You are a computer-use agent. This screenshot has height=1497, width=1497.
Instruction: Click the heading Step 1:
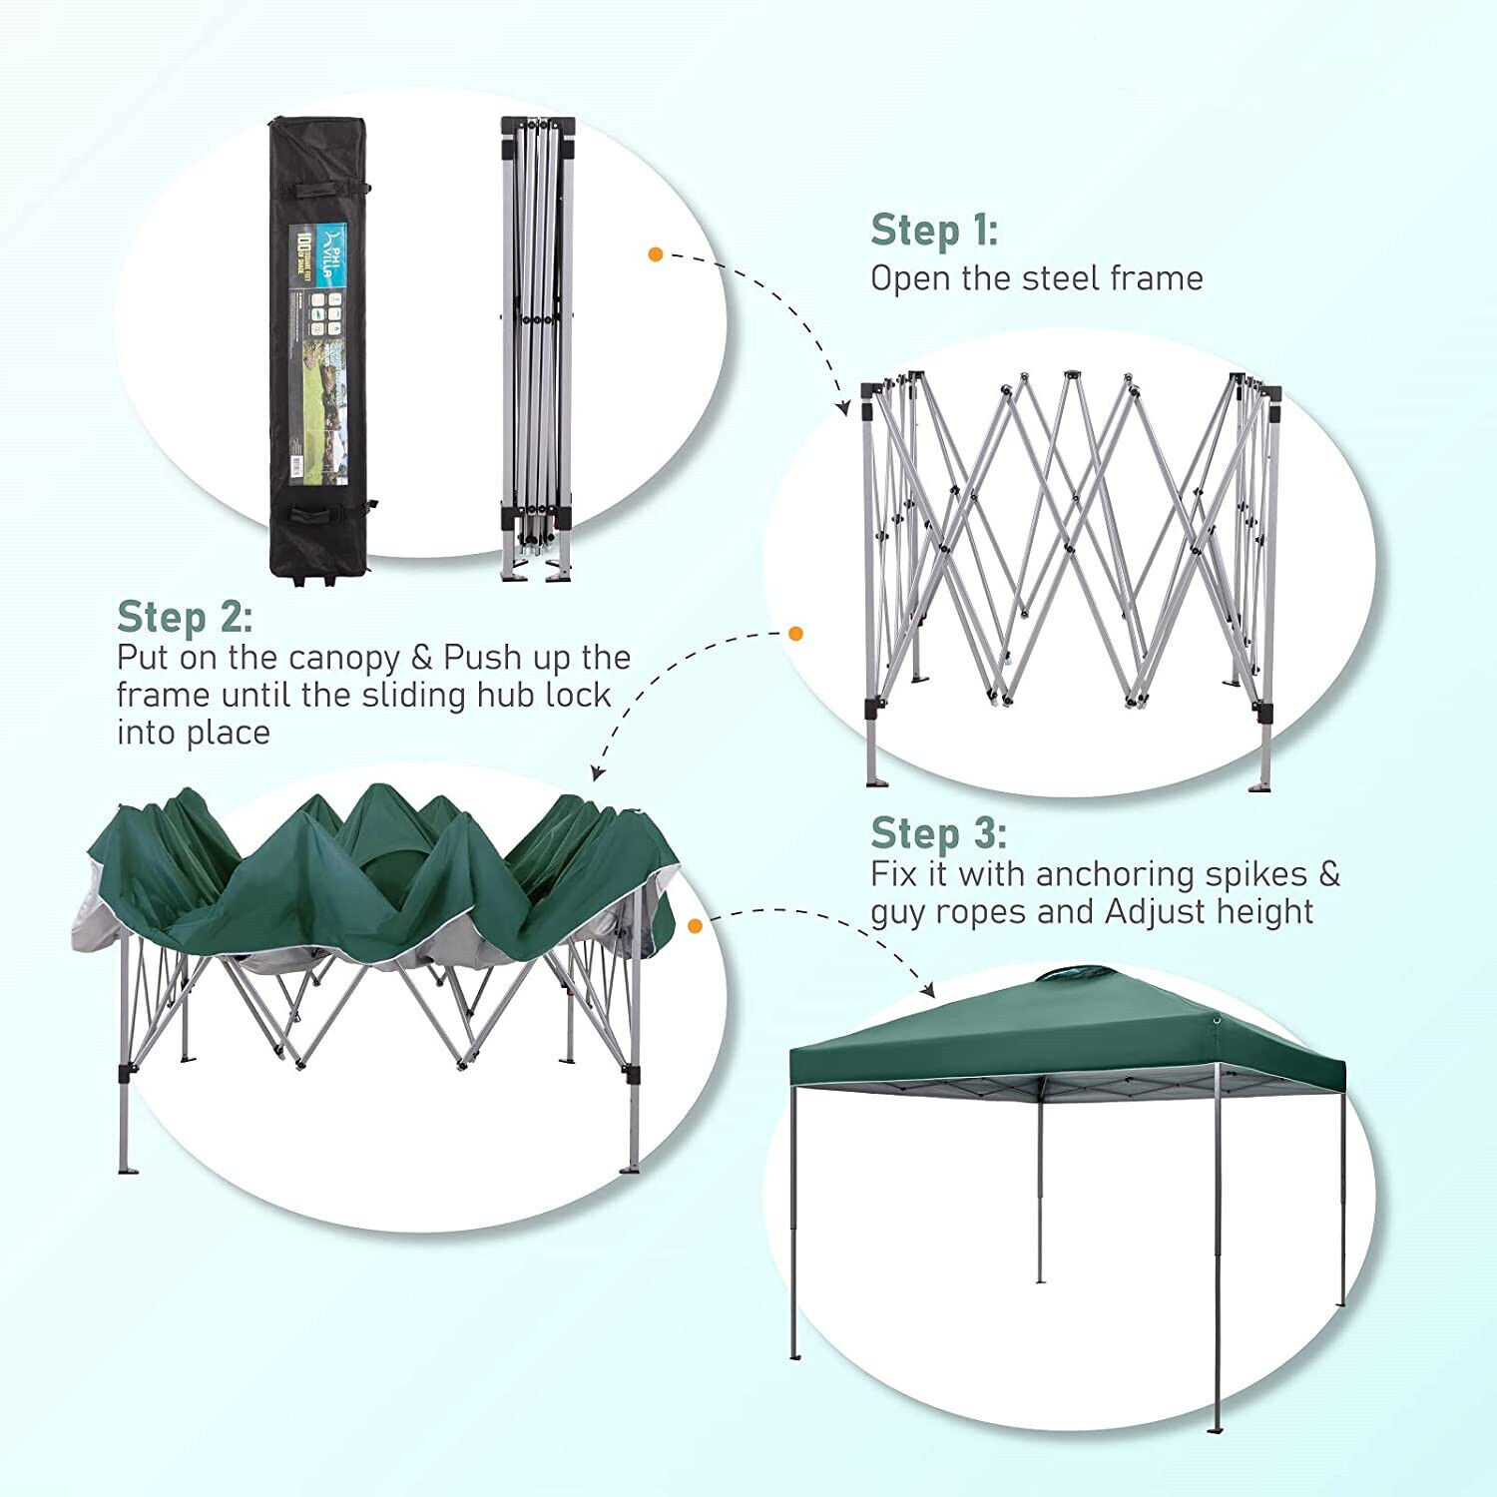pos(933,231)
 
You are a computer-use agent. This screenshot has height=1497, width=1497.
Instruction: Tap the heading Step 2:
pos(185,618)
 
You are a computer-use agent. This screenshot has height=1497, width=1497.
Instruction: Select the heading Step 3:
pos(938,833)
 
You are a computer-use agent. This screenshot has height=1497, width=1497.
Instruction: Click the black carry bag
pos(317,349)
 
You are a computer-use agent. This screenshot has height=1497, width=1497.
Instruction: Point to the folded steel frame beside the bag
pos(537,349)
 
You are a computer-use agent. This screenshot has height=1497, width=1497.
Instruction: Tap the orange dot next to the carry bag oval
pos(656,254)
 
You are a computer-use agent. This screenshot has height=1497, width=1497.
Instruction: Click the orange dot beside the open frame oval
pos(795,633)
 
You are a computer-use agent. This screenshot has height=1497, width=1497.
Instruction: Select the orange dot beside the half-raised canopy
pos(696,926)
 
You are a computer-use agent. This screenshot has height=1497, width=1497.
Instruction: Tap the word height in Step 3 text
pos(1267,912)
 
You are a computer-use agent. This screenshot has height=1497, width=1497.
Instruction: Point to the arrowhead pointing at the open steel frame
pos(842,408)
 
